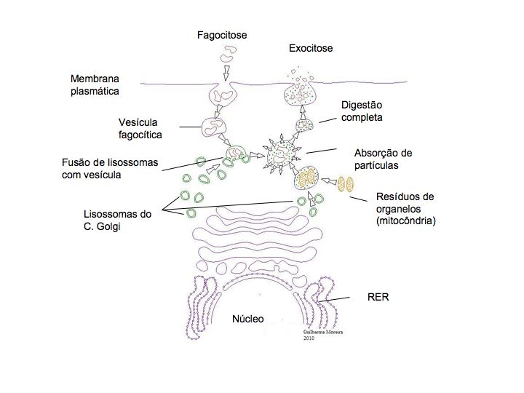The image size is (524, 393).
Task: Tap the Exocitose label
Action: pos(311,49)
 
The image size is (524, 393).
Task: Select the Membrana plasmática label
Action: pos(95,84)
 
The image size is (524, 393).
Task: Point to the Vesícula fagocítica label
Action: pos(140,128)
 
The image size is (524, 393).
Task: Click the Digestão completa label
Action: pos(362,111)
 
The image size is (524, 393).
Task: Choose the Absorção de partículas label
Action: pos(383,159)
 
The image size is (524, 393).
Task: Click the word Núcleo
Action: pos(247,319)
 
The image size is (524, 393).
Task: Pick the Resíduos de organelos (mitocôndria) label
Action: pos(405,209)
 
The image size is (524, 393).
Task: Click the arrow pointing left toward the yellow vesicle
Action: pos(329,180)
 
